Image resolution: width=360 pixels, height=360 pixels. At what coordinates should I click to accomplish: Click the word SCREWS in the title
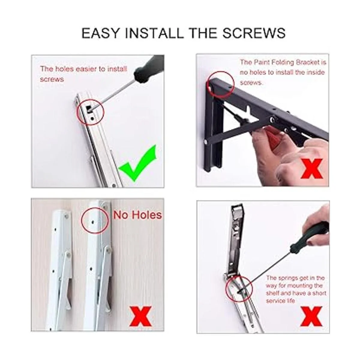pyautogui.click(x=254, y=33)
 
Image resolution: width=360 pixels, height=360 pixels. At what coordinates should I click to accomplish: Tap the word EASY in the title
pyautogui.click(x=100, y=33)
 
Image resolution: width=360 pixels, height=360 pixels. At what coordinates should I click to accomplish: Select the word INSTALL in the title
pyautogui.click(x=154, y=33)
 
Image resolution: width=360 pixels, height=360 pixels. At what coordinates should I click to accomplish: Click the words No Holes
pyautogui.click(x=137, y=215)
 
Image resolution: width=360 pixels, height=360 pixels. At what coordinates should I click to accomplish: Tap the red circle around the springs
pyautogui.click(x=239, y=289)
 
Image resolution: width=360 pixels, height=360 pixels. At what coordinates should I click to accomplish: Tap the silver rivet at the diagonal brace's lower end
pyautogui.click(x=206, y=142)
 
